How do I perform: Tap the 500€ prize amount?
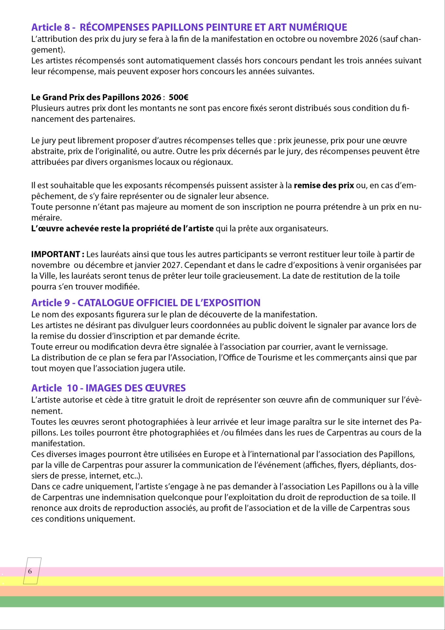coord(178,97)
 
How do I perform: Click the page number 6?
coord(30,571)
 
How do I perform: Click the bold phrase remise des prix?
coord(324,185)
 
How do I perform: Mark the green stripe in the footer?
coord(222,602)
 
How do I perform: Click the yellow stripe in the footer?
coord(222,581)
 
